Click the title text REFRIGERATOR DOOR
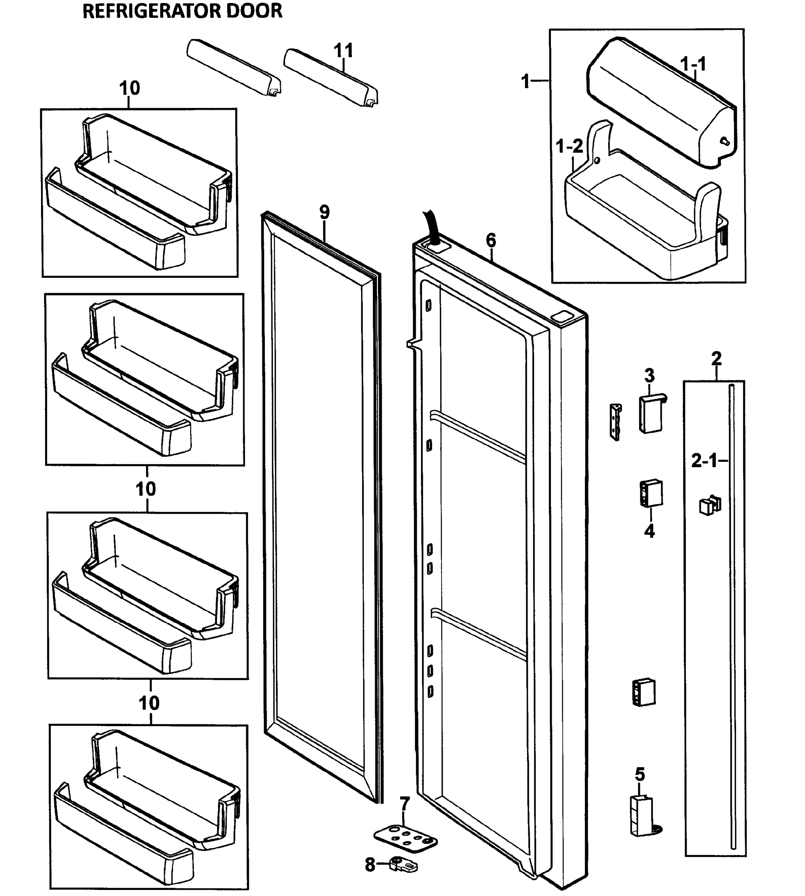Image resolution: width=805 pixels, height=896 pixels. [182, 12]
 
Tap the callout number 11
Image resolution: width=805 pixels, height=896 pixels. [343, 51]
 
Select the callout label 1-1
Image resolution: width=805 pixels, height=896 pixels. [693, 65]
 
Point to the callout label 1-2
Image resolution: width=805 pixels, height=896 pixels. [569, 146]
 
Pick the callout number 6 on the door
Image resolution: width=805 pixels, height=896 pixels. [491, 240]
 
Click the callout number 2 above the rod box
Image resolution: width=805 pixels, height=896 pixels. [716, 358]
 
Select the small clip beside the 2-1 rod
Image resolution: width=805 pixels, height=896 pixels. [709, 505]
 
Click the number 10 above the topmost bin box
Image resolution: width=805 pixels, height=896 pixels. [130, 88]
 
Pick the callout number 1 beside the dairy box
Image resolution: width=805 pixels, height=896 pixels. [526, 81]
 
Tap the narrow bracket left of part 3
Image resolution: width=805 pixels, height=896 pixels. [616, 422]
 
